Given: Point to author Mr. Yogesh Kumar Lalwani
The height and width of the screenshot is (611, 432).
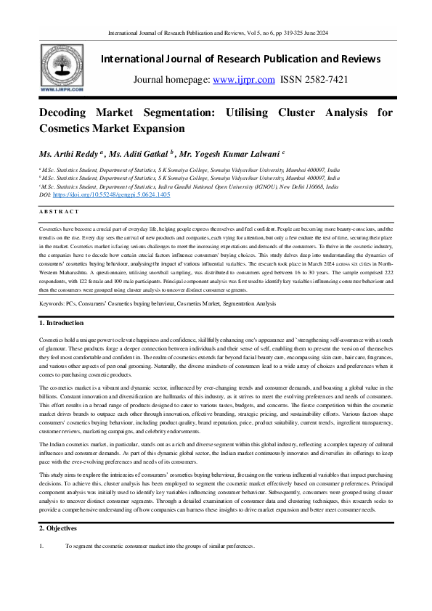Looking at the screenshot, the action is pyautogui.click(x=228, y=154).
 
